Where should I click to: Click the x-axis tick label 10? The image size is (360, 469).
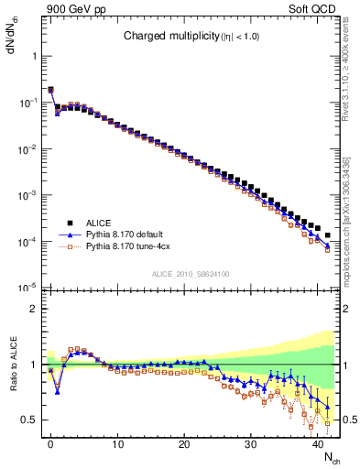click(117, 444)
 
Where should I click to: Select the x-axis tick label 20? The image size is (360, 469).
click(184, 444)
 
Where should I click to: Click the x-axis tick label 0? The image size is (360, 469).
click(50, 444)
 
